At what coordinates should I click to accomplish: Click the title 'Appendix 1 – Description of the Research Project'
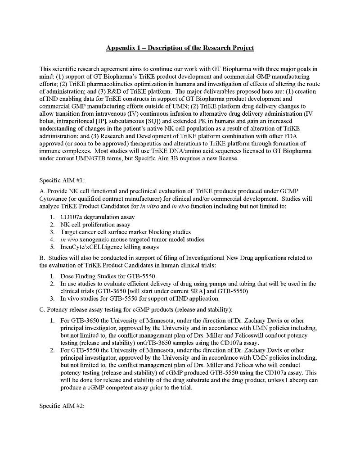(180, 48)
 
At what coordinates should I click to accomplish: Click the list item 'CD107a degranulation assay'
(98, 217)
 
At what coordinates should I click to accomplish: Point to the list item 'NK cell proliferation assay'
(95, 225)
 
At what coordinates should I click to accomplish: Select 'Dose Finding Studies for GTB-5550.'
(108, 276)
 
